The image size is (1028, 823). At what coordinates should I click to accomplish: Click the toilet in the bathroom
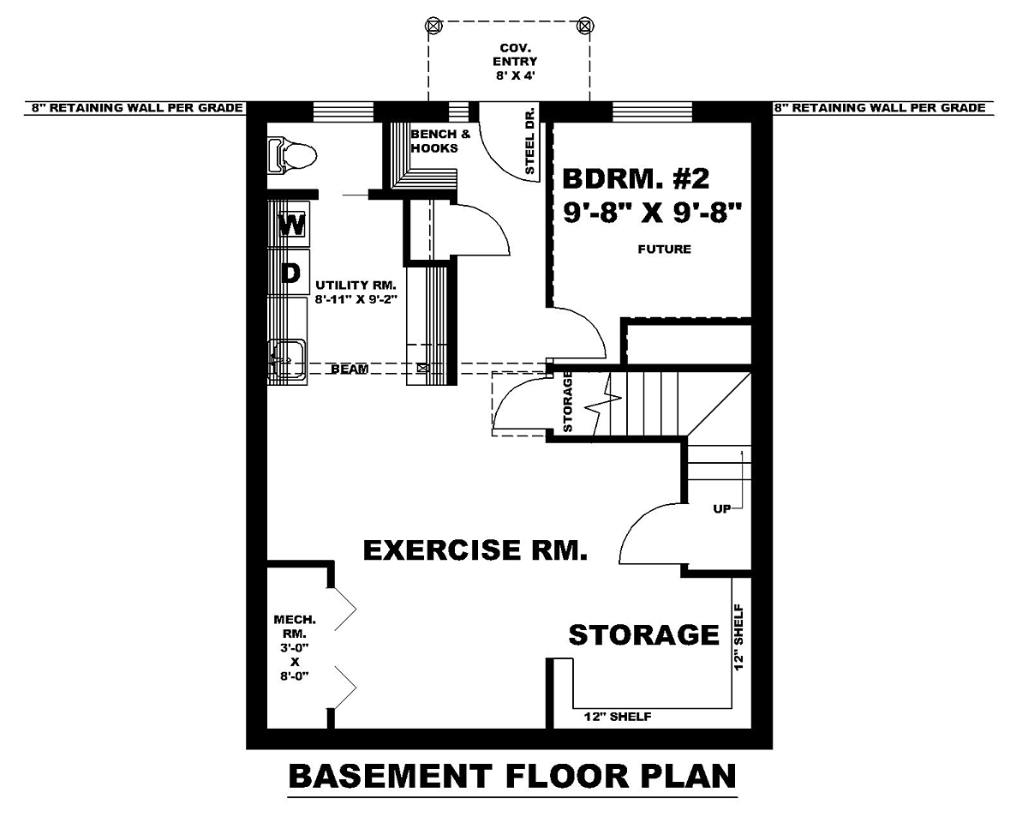292,155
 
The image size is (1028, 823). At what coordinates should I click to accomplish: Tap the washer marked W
289,225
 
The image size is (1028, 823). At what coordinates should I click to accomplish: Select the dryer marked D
289,273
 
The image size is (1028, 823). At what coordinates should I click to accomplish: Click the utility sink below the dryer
287,362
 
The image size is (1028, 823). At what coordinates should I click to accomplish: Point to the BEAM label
350,369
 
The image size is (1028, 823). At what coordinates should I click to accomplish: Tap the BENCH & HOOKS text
440,141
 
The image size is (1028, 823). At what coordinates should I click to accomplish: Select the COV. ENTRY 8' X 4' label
515,62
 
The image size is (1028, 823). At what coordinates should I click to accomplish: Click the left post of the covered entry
433,26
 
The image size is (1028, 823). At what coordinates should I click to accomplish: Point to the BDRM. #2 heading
636,179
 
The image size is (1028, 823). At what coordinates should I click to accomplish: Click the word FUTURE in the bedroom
664,249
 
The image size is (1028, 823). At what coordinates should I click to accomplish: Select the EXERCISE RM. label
475,550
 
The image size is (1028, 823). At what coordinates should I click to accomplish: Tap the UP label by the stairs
722,509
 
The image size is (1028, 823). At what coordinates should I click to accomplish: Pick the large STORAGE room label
644,634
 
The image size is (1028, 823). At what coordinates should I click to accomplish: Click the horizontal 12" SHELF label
617,717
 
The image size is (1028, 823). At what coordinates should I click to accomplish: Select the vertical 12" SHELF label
738,638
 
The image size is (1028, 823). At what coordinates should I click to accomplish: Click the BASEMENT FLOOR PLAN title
512,776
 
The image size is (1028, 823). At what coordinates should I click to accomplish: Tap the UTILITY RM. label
356,285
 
